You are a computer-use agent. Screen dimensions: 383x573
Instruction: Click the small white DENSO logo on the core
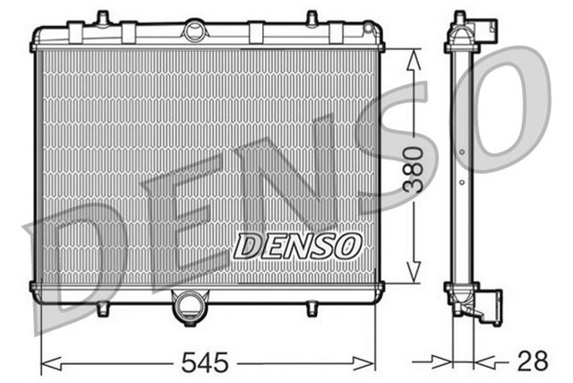point(296,245)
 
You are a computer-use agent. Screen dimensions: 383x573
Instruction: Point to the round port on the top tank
point(194,30)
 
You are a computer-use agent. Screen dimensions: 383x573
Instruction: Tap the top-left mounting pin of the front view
point(102,18)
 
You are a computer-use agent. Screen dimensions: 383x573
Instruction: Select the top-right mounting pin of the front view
point(312,18)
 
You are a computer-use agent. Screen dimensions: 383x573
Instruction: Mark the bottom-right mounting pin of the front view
point(311,308)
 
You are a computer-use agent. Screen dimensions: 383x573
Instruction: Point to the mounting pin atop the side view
point(460,18)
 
